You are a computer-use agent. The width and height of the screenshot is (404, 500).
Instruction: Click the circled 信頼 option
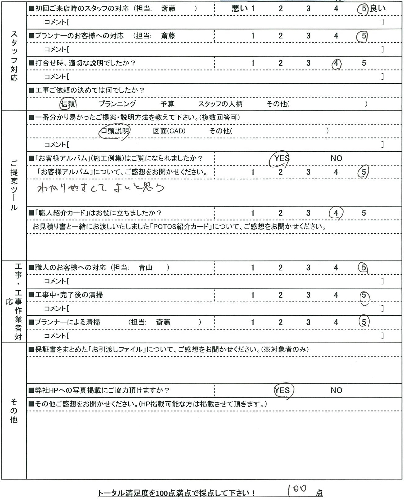pos(68,104)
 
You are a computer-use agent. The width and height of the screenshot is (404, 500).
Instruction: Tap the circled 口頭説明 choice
pos(115,131)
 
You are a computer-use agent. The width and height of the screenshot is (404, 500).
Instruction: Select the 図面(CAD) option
pos(169,131)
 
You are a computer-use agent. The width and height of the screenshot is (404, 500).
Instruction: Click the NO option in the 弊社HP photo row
pos(336,391)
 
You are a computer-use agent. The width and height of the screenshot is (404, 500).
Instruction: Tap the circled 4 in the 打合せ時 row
pos(336,64)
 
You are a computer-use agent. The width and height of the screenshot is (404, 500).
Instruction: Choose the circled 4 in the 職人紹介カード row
pos(336,213)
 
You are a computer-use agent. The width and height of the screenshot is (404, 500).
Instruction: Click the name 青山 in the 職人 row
pos(146,268)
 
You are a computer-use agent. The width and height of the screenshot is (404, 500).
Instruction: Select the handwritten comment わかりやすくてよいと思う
pos(101,188)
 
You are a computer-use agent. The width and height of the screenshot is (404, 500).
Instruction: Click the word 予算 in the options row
pos(167,104)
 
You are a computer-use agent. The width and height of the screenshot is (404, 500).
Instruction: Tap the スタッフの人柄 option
pos(220,104)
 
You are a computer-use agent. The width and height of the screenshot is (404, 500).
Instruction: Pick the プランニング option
pos(117,104)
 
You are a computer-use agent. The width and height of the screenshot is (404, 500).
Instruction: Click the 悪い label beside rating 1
pos(239,9)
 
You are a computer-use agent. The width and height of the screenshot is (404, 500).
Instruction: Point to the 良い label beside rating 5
pos(378,9)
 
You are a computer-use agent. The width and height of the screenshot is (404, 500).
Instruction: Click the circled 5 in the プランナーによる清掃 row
pos(364,322)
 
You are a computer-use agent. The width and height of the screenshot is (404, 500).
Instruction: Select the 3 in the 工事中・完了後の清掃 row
pos(308,295)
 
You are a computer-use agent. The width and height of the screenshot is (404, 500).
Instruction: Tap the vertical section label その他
pos(14,411)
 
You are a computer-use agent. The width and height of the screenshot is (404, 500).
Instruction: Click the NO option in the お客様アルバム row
pos(336,159)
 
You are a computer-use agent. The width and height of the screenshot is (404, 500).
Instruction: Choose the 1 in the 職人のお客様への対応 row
pos(253,268)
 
